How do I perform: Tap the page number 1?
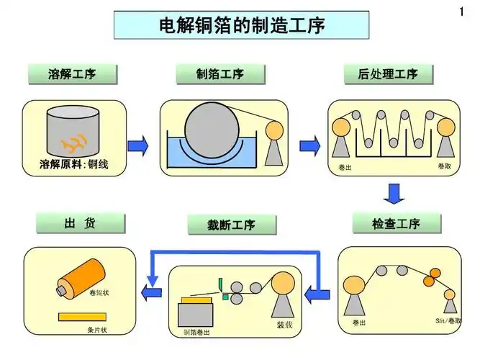(461, 12)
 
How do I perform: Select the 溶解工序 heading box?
(72, 73)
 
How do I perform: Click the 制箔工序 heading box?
(220, 73)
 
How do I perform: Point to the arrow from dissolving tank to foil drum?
(137, 145)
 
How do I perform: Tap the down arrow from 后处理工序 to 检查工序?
(393, 194)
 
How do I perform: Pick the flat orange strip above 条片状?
(81, 317)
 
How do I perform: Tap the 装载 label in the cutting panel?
(284, 325)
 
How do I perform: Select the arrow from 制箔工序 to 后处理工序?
(309, 145)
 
